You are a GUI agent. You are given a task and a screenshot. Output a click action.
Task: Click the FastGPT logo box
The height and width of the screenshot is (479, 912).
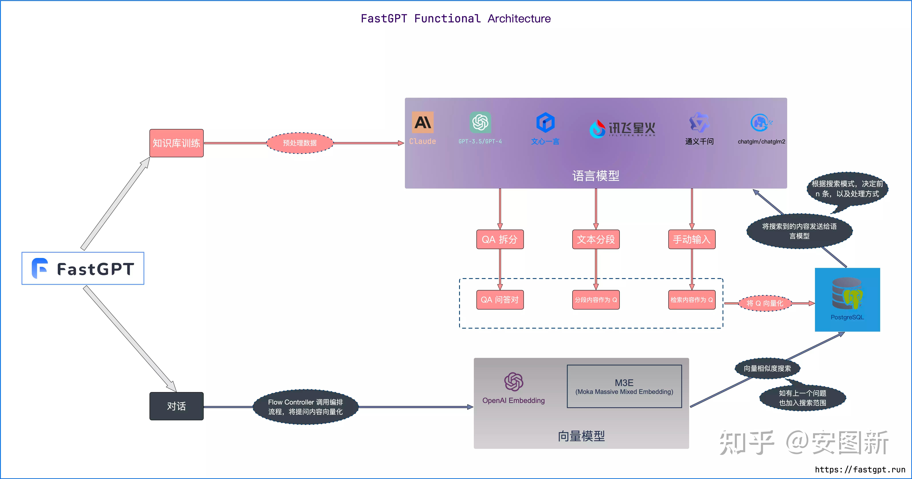coord(83,268)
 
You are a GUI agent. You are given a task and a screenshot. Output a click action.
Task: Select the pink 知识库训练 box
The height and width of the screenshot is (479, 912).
coord(176,143)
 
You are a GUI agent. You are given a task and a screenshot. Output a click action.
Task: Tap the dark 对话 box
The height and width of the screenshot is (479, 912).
coord(176,406)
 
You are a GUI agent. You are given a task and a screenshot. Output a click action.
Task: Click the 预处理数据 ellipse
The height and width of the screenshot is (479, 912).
coord(300,143)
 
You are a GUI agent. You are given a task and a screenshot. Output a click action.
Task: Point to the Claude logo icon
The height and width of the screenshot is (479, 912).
coord(422,122)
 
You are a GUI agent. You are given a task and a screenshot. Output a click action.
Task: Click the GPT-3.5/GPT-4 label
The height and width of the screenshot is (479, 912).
coord(480,141)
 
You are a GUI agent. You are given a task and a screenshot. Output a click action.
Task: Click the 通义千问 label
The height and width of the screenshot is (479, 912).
coord(699,141)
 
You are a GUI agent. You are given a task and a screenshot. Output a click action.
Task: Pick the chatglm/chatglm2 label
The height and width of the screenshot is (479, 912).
coord(761,141)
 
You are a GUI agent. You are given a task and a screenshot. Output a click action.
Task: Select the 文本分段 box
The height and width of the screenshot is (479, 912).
coord(596,239)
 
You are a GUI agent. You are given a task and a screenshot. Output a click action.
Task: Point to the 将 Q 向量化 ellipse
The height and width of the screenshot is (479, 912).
coord(765,303)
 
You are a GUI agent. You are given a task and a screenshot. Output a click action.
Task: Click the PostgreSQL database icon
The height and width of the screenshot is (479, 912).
coord(847,294)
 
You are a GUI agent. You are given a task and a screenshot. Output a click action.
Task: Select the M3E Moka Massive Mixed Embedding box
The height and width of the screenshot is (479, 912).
coord(624,386)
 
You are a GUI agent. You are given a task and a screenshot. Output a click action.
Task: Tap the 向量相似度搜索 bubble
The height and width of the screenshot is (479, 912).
coord(767,368)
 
